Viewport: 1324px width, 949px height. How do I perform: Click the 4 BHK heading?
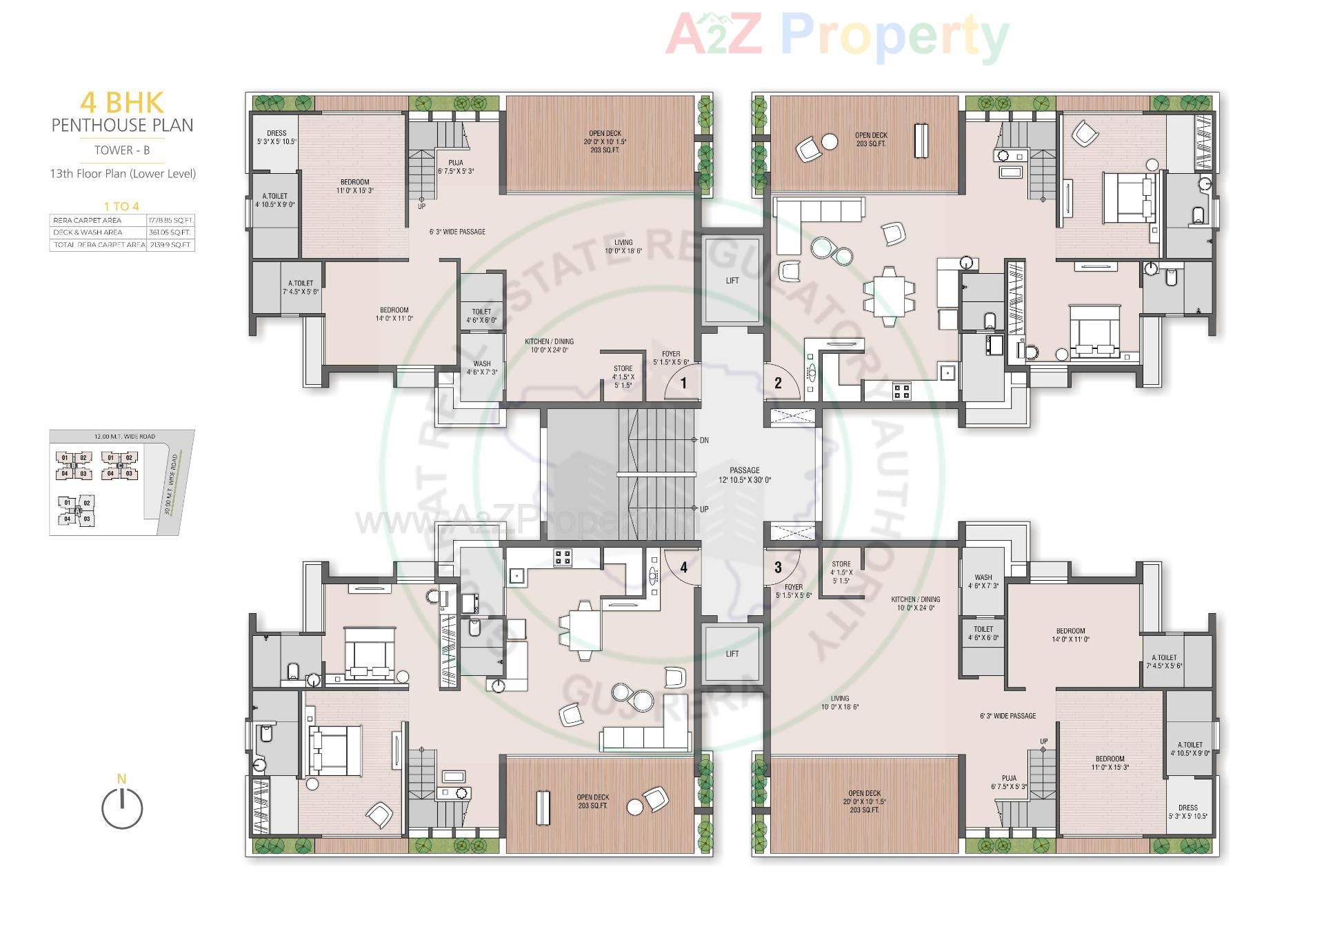[122, 103]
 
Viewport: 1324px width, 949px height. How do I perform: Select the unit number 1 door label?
[683, 383]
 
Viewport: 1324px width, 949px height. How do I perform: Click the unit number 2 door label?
[778, 383]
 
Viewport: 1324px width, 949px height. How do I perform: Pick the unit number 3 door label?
[778, 568]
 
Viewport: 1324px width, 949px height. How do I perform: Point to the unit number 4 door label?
[683, 568]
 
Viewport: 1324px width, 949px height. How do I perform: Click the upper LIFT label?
[732, 281]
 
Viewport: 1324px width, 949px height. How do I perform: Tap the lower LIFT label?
[732, 654]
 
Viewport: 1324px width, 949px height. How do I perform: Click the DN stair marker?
[703, 440]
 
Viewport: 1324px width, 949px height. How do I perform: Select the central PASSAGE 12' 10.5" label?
[745, 475]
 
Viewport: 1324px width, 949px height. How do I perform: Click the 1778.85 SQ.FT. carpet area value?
[171, 221]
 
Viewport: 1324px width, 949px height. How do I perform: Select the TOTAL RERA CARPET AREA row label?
[99, 245]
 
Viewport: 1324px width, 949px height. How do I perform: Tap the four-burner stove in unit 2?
[901, 391]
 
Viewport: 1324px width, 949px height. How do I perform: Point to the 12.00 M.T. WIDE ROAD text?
[125, 437]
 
